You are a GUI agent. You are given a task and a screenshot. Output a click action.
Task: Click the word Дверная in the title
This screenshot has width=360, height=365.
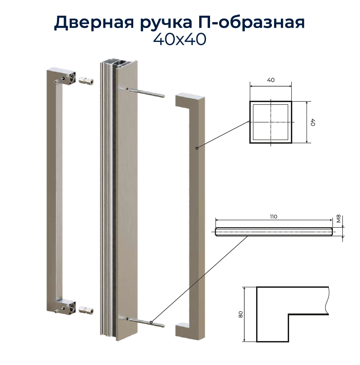point(94,23)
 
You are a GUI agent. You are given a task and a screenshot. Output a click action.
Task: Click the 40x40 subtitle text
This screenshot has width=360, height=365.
point(180,39)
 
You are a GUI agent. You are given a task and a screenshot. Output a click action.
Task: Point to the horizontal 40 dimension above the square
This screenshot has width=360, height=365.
point(271,80)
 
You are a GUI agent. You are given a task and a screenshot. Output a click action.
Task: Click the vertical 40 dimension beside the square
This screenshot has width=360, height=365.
point(313,122)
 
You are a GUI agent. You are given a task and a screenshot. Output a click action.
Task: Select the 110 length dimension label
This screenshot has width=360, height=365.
point(273,217)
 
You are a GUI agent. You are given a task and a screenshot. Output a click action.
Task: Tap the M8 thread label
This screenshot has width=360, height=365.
point(339,219)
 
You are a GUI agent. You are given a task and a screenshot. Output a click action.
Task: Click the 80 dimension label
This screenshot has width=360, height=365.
point(241,314)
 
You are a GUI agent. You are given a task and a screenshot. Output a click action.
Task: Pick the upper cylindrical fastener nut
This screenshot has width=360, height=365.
point(86,81)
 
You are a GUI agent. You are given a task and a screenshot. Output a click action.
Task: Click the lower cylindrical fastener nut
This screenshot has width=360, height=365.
point(86,310)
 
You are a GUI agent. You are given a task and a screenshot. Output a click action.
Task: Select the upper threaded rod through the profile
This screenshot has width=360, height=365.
point(146,93)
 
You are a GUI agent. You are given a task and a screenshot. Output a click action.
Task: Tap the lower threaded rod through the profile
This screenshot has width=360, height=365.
point(146,322)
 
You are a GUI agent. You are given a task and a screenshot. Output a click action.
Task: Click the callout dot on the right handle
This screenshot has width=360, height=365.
point(197,148)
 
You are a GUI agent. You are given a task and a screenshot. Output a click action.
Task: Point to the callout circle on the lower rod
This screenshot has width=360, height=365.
point(151,323)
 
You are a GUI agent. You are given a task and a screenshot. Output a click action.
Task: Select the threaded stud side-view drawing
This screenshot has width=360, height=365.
point(274,232)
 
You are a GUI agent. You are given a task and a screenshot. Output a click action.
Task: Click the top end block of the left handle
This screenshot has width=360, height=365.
point(61,76)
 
